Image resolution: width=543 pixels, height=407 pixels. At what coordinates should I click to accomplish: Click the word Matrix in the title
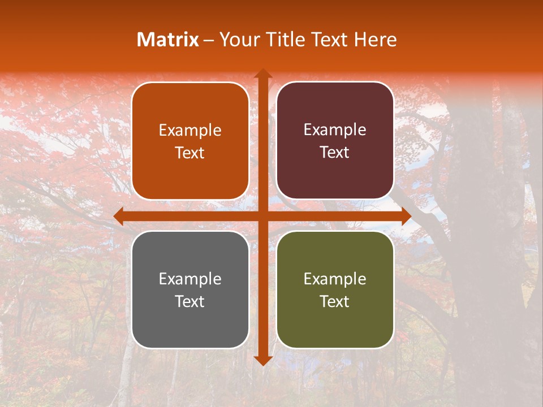(168, 40)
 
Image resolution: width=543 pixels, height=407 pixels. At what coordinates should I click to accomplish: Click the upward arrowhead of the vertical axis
(262, 73)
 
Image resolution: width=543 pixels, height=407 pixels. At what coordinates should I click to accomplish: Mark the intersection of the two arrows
(262, 216)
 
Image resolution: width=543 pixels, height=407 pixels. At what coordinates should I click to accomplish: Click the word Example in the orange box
(190, 131)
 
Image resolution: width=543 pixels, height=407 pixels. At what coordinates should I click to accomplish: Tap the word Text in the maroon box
(335, 153)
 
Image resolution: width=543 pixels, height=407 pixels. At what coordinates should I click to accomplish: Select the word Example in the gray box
(190, 279)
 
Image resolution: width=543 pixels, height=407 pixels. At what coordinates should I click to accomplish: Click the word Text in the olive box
(335, 301)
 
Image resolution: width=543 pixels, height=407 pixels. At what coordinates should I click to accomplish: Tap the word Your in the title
(239, 40)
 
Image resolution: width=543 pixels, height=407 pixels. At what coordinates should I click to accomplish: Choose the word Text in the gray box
(190, 301)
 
